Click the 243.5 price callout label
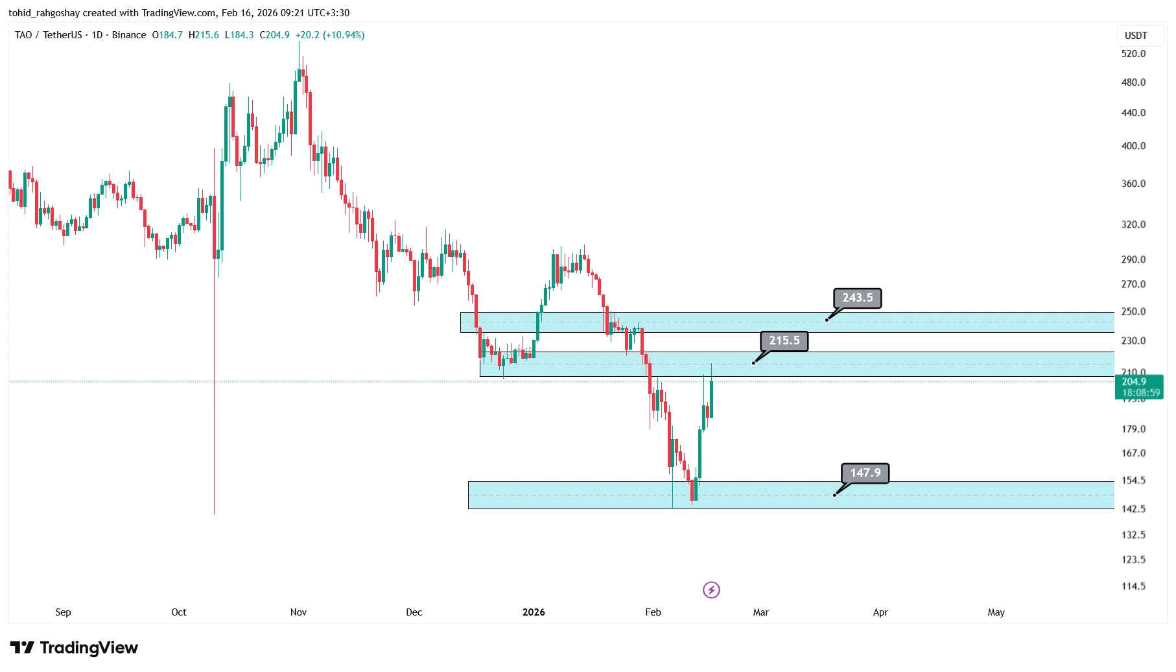coord(857,298)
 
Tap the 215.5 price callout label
coord(784,341)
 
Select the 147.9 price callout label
coord(865,474)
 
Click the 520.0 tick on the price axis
coord(1133,54)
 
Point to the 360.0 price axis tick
coord(1133,184)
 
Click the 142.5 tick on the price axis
coord(1133,509)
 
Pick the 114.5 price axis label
coord(1133,586)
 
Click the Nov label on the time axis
coord(298,612)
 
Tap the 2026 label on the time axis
coord(534,612)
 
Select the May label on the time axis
coord(996,612)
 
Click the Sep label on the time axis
coord(63,612)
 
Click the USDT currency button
coord(1136,36)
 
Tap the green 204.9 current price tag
coord(1139,387)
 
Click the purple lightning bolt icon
coord(711,590)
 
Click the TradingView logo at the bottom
coord(74,648)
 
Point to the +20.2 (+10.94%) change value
coord(330,35)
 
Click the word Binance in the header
coord(129,35)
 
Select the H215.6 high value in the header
coord(204,35)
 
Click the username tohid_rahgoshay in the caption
coord(44,13)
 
